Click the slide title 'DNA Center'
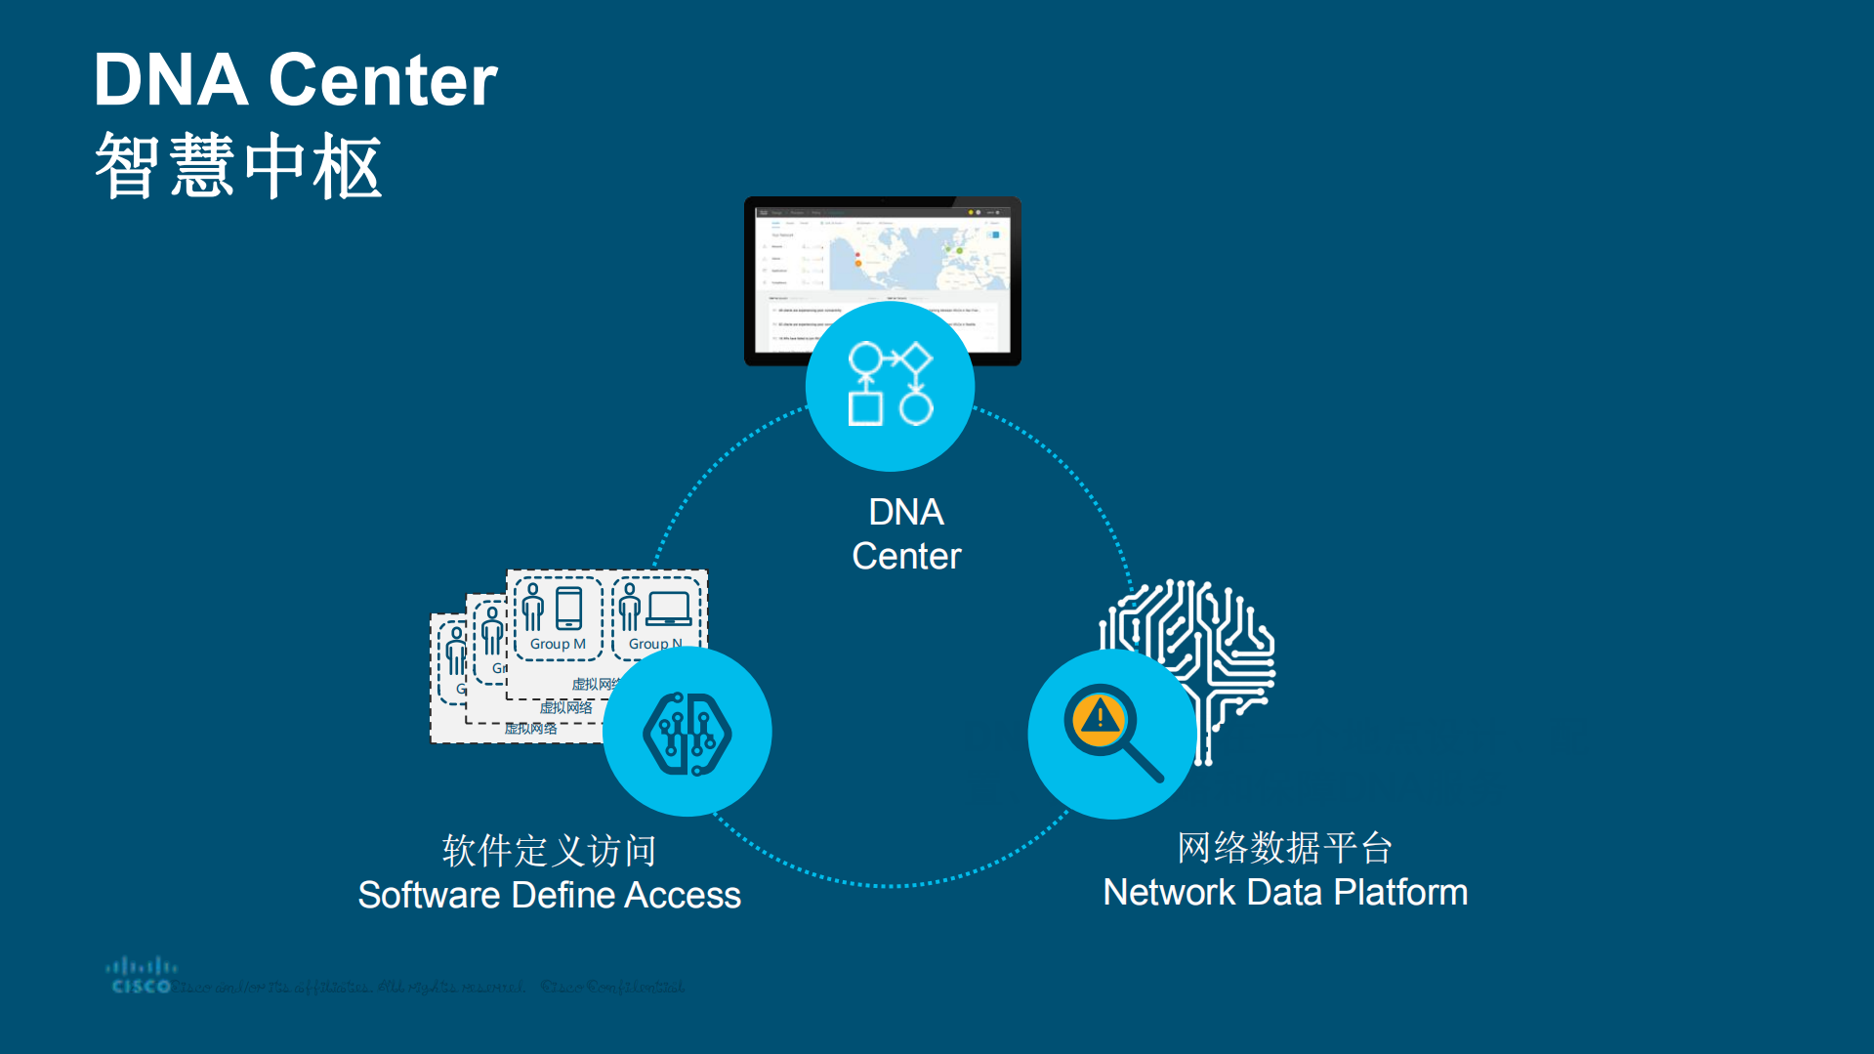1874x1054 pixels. click(x=295, y=80)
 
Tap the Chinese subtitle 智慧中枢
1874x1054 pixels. click(x=238, y=167)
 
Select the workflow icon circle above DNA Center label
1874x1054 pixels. click(x=890, y=386)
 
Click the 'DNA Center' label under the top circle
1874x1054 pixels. click(x=906, y=533)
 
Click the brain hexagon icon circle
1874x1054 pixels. click(x=687, y=733)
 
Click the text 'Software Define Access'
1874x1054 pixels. click(x=550, y=895)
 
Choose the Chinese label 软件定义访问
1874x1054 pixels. click(x=550, y=851)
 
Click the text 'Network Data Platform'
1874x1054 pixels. click(x=1285, y=892)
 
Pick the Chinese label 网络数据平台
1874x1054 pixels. click(x=1285, y=848)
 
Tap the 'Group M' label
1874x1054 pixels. click(x=558, y=644)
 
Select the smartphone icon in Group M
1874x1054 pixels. click(x=568, y=608)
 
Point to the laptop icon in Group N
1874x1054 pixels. click(x=669, y=608)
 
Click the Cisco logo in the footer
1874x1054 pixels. click(x=142, y=976)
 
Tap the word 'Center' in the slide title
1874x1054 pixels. click(x=383, y=80)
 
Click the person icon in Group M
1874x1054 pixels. click(x=532, y=608)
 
